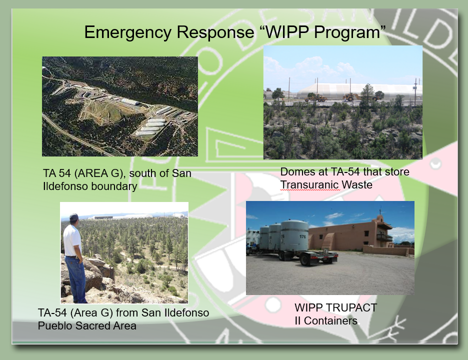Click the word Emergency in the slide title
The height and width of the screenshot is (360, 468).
(x=127, y=32)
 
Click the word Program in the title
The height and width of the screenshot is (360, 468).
(x=346, y=32)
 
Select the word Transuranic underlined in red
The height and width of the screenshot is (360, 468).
(x=310, y=185)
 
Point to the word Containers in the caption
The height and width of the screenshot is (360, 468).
(x=330, y=321)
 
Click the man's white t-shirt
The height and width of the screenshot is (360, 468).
(x=72, y=240)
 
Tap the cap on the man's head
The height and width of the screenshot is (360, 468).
(x=74, y=216)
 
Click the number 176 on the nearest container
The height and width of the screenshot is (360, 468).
(x=302, y=236)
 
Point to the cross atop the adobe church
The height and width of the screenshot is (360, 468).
(x=380, y=211)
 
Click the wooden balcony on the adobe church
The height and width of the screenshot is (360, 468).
(x=384, y=238)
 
